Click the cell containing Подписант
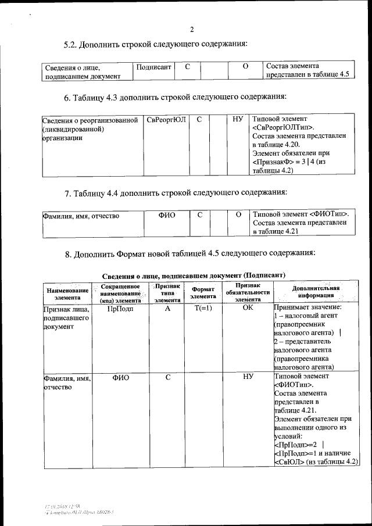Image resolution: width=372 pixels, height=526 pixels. pyautogui.click(x=154, y=67)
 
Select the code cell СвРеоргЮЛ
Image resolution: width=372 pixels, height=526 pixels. pyautogui.click(x=166, y=119)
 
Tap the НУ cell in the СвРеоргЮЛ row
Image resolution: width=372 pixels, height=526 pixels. pyautogui.click(x=237, y=119)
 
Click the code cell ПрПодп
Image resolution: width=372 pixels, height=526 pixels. pyautogui.click(x=120, y=309)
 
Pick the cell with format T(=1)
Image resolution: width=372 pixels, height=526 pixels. pyautogui.click(x=203, y=309)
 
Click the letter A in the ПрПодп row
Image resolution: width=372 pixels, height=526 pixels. pyautogui.click(x=167, y=309)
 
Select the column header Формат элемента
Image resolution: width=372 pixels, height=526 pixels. pyautogui.click(x=203, y=292)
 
